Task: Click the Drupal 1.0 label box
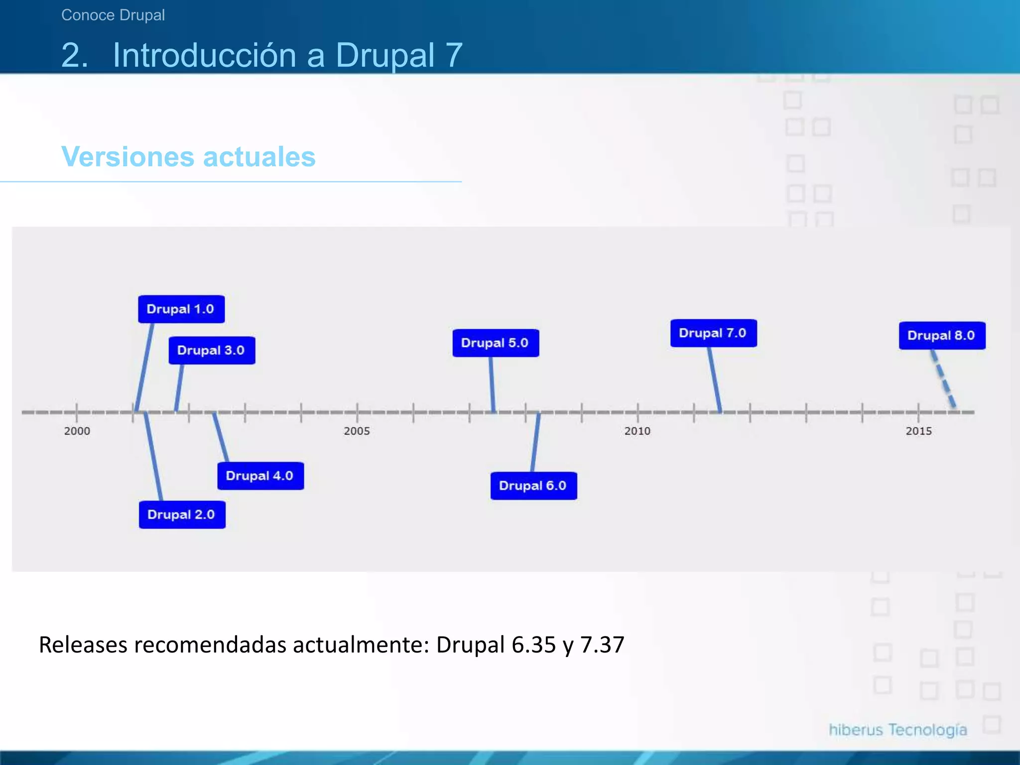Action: pos(181,309)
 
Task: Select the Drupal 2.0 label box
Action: pos(182,514)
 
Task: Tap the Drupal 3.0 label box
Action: pos(212,351)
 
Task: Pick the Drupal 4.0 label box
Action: pos(260,476)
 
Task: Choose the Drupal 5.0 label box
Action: pos(495,343)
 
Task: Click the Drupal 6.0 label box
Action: pos(533,486)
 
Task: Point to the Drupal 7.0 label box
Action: pos(713,333)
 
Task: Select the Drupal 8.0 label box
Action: pos(942,336)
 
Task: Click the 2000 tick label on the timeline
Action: pos(77,431)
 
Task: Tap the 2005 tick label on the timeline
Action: pos(357,431)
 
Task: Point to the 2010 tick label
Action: pos(637,431)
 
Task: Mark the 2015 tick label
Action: pos(918,431)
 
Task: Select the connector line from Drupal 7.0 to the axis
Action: pos(715,380)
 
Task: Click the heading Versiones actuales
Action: pos(188,157)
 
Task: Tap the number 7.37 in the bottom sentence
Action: pos(602,645)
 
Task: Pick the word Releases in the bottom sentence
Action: pos(83,645)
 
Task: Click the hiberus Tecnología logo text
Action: pos(898,730)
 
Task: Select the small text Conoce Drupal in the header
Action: pos(113,15)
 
